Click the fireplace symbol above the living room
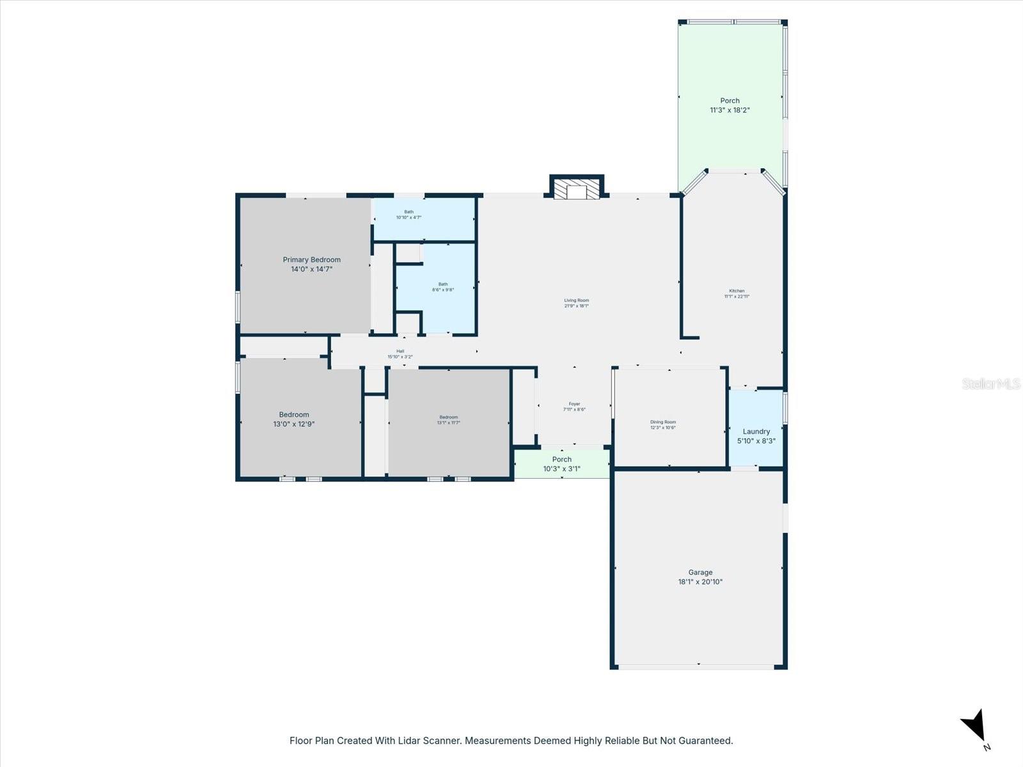(x=577, y=189)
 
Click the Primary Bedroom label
(x=311, y=260)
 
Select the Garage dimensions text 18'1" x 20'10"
(x=700, y=582)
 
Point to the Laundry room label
(x=756, y=431)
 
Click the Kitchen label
(x=737, y=291)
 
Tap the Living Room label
(x=576, y=300)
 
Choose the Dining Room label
(x=662, y=422)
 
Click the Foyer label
(x=574, y=404)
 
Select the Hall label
(x=400, y=351)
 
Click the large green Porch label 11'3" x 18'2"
(x=730, y=101)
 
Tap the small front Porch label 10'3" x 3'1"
(x=561, y=460)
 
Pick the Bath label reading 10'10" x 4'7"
(x=409, y=212)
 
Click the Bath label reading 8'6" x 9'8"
(x=442, y=284)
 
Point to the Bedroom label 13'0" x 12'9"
(x=293, y=415)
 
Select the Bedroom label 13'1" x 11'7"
(x=448, y=417)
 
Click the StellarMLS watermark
(x=991, y=383)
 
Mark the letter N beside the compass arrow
(x=987, y=747)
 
